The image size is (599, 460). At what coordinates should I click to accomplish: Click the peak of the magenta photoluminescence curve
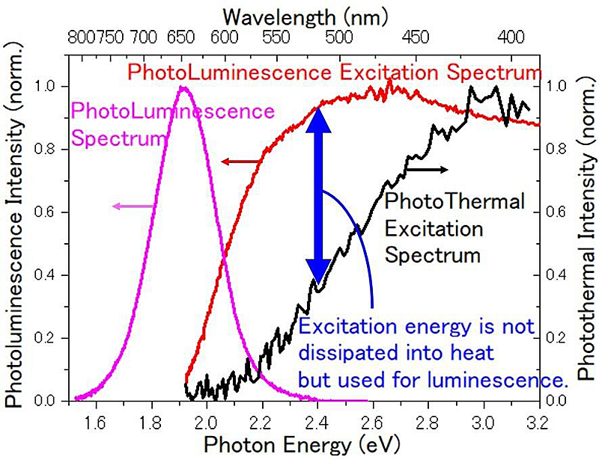point(183,88)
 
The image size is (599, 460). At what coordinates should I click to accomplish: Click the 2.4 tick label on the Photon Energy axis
point(317,423)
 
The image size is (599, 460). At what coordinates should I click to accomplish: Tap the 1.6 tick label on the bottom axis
point(96,423)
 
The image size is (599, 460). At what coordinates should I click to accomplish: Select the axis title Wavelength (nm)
point(307,14)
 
